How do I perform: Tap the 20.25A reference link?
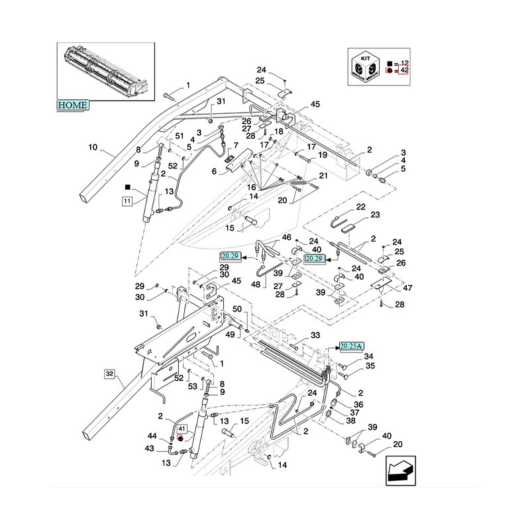point(351,345)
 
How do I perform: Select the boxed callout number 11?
point(127,200)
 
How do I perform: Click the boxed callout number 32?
point(109,374)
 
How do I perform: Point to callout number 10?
point(92,147)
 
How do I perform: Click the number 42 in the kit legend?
point(404,70)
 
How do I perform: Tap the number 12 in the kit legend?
point(404,61)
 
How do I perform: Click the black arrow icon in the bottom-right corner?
point(399,471)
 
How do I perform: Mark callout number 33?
point(315,336)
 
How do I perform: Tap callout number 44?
point(152,437)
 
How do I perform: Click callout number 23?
point(375,215)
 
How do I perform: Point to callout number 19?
point(323,155)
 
